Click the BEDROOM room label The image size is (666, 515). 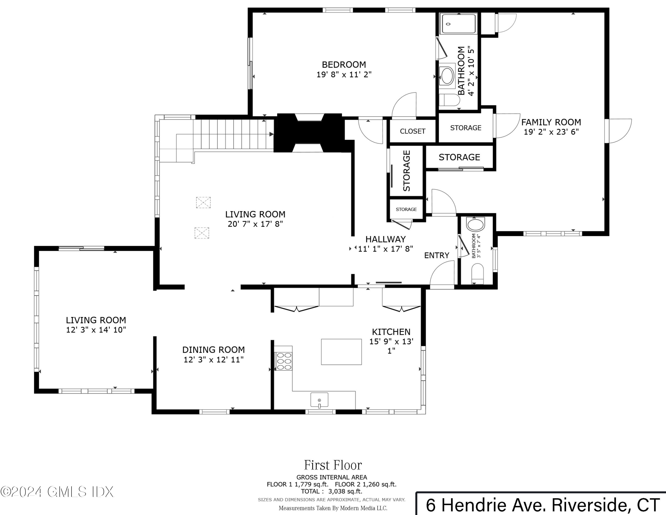(x=344, y=65)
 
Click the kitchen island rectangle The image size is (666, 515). (x=341, y=352)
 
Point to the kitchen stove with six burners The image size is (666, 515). (x=283, y=361)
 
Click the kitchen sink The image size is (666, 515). (x=319, y=400)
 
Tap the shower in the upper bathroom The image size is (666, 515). (x=458, y=24)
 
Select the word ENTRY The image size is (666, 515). (x=437, y=255)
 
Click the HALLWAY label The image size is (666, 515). (x=385, y=239)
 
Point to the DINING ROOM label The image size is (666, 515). (x=214, y=350)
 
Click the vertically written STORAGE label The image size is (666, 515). (x=406, y=171)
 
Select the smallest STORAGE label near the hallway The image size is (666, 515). (x=406, y=209)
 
